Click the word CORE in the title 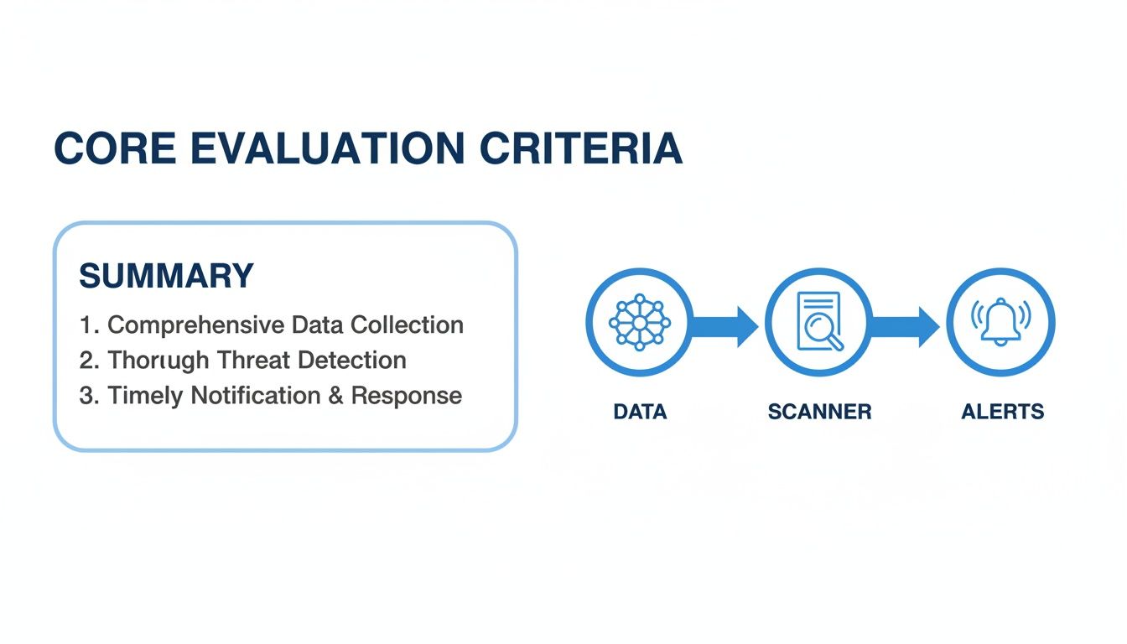click(115, 148)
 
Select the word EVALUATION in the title click(328, 148)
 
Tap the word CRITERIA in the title click(581, 148)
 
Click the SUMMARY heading click(166, 276)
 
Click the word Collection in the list click(407, 325)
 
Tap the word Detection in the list click(352, 361)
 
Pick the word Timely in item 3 click(145, 397)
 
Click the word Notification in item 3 click(256, 396)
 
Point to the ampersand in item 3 click(335, 396)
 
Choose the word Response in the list click(407, 397)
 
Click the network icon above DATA click(640, 322)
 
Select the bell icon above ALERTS click(1000, 321)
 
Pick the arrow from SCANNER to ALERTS click(904, 326)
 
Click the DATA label click(640, 412)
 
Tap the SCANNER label click(819, 412)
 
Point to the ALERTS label click(1002, 412)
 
